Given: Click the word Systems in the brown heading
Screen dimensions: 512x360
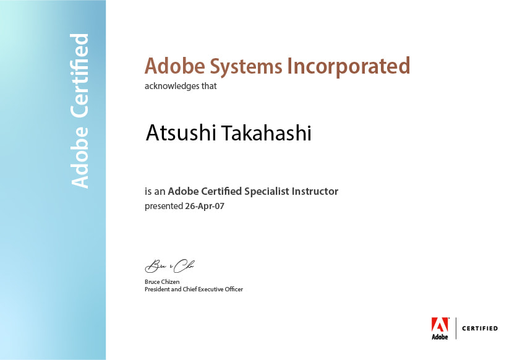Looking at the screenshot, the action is tap(245, 67).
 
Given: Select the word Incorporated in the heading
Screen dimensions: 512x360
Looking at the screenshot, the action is tap(348, 67).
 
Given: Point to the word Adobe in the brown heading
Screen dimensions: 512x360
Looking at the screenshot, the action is tap(175, 66).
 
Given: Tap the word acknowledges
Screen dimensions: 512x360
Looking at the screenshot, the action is tap(172, 86).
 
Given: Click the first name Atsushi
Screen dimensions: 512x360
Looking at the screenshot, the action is tap(180, 132).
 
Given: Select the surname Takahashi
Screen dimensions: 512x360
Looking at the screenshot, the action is tap(267, 132).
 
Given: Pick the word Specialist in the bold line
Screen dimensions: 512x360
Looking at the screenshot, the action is tap(267, 191).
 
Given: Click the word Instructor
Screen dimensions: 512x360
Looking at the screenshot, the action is tap(315, 191).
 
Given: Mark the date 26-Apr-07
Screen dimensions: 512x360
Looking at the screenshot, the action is tap(205, 207).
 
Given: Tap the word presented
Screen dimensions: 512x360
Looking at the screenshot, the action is tap(164, 207).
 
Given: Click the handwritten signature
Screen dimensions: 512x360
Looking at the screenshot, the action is tap(170, 266).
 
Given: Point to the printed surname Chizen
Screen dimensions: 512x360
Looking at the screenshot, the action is tap(171, 281).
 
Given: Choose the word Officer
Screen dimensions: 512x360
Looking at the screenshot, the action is tap(234, 289).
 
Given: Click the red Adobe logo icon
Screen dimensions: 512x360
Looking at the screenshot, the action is tap(440, 325).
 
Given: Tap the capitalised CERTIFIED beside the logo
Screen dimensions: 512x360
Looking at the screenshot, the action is tap(480, 328).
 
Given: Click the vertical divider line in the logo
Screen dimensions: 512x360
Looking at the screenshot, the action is tap(456, 328).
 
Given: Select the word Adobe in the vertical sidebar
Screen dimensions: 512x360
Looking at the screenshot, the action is tap(80, 157).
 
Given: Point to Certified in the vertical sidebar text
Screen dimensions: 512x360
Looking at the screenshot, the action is tap(80, 76).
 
